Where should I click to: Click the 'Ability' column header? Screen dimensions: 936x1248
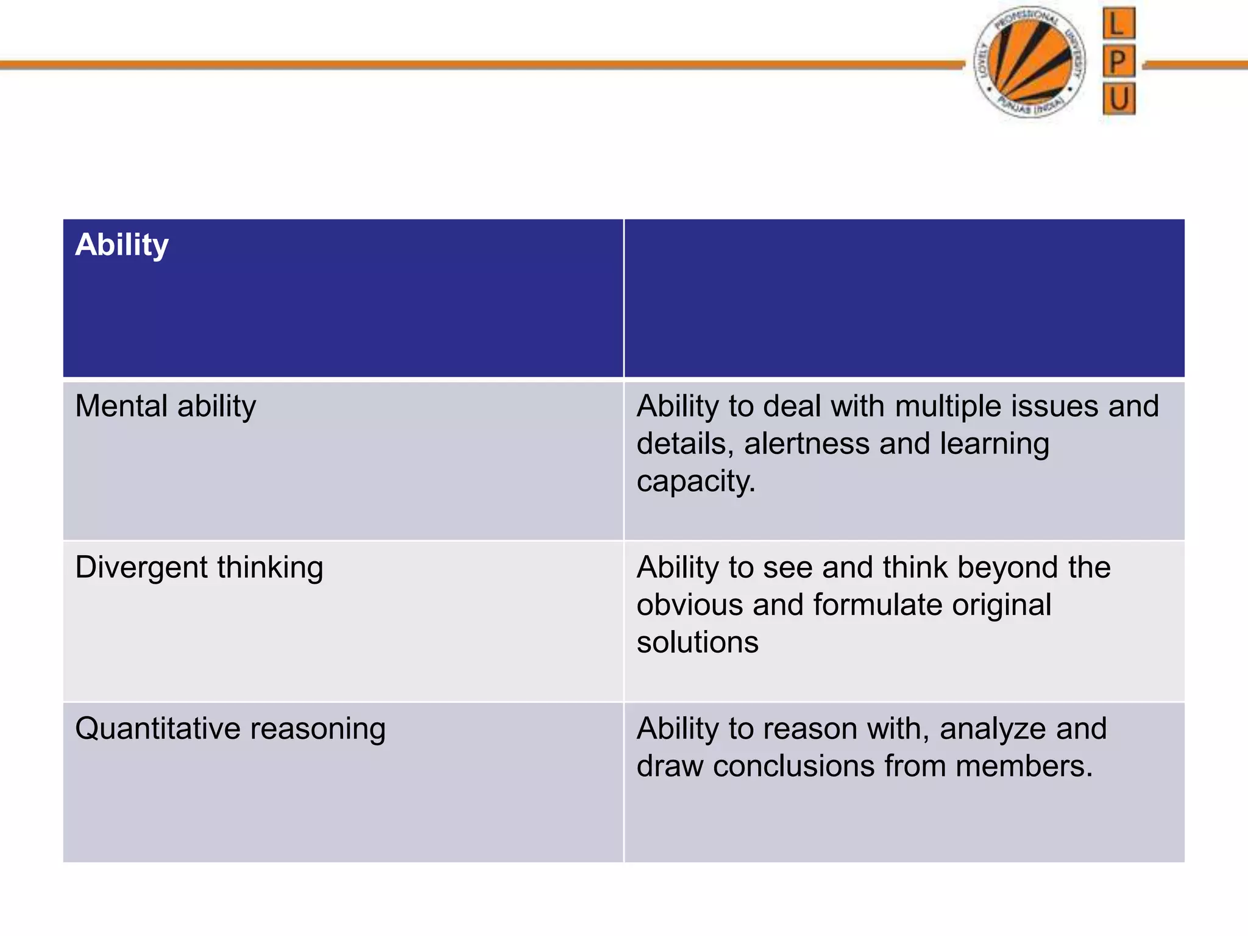coord(122,245)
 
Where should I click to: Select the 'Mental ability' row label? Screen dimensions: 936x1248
coord(166,406)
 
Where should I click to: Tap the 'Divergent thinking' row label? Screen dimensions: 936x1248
coord(199,567)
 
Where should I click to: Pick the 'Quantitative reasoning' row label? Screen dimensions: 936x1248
coord(230,729)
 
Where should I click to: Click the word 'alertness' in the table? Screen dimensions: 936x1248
coord(807,444)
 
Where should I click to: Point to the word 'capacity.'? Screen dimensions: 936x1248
coord(696,481)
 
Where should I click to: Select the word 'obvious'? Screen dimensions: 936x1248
coord(690,605)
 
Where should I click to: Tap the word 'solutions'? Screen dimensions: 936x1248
coord(698,642)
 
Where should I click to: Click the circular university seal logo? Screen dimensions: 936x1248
coord(1030,62)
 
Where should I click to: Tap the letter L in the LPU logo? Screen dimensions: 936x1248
coord(1118,24)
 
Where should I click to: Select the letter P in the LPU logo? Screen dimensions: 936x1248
coord(1118,61)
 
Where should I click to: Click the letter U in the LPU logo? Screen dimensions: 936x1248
coord(1119,99)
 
